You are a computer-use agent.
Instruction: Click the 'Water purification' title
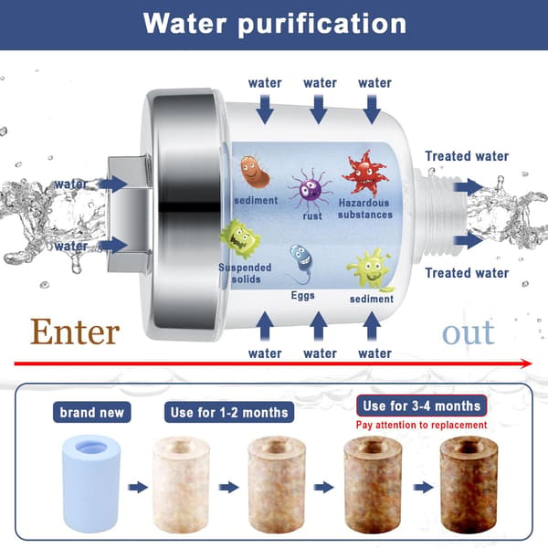click(275, 24)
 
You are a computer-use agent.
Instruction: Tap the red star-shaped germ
click(365, 174)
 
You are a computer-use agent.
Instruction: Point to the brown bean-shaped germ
click(255, 172)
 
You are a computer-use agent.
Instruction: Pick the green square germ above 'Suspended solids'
click(240, 239)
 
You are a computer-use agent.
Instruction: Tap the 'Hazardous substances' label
click(365, 208)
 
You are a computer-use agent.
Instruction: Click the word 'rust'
click(312, 216)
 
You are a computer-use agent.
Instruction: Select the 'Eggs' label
click(302, 296)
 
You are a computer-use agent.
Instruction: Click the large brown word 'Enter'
click(75, 332)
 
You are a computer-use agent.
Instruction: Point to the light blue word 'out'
click(469, 332)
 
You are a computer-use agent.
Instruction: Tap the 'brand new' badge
click(92, 413)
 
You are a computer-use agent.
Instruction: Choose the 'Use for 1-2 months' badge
click(229, 413)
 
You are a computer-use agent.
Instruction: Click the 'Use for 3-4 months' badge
click(421, 406)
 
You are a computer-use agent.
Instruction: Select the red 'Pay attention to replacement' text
click(421, 425)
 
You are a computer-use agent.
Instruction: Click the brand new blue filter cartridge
click(91, 484)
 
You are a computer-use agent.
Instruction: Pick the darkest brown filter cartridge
click(469, 485)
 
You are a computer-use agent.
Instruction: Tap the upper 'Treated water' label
click(467, 156)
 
